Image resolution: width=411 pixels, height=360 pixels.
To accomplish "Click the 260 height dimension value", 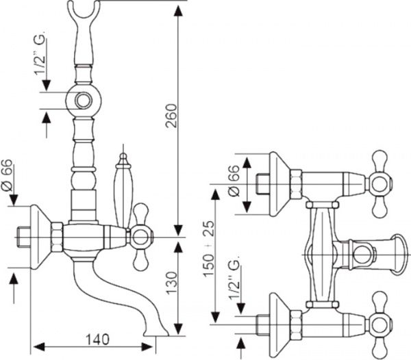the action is (x=171, y=116).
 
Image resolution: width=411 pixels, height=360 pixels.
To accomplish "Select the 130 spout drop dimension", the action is (x=172, y=283).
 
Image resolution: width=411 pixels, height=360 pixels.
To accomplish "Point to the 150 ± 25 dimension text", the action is (x=209, y=248).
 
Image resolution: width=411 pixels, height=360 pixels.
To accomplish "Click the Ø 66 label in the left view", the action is (x=7, y=175).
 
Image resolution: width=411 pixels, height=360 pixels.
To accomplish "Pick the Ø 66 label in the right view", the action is (x=234, y=181).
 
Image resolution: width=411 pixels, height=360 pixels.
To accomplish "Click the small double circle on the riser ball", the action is (x=84, y=101).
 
